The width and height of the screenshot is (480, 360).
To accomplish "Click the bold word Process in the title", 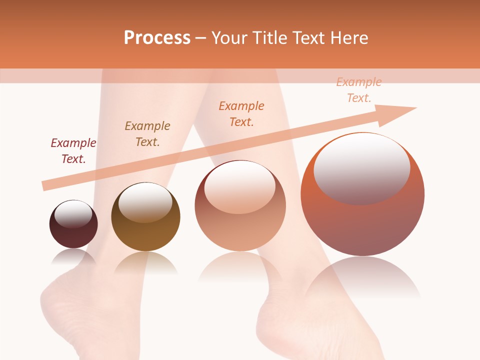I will pyautogui.click(x=157, y=38).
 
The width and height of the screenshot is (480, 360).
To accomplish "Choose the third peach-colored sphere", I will pyautogui.click(x=240, y=225).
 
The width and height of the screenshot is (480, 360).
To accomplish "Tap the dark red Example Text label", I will pyautogui.click(x=73, y=151).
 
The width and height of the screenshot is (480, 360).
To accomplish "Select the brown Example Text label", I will pyautogui.click(x=147, y=134).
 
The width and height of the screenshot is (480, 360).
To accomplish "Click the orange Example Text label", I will pyautogui.click(x=241, y=114).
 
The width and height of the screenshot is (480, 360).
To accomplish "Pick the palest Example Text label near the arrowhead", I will pyautogui.click(x=359, y=90).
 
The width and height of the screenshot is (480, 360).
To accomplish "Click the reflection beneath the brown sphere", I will pyautogui.click(x=145, y=262).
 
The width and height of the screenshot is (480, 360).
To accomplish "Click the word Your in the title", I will pyautogui.click(x=230, y=38).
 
